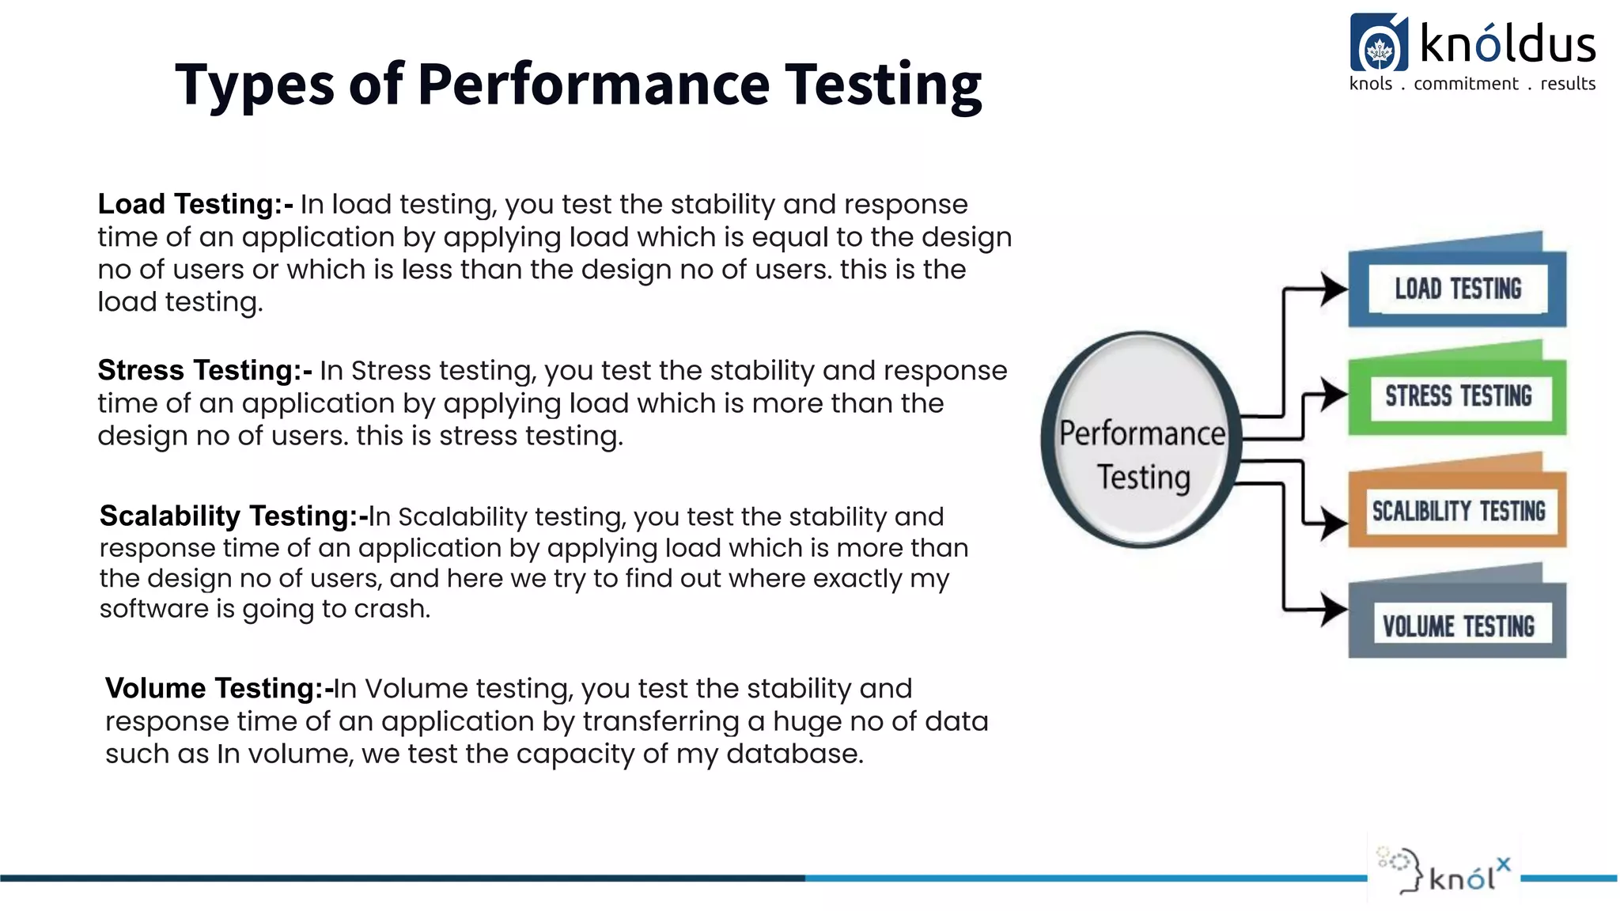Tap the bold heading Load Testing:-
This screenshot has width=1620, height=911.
(x=195, y=204)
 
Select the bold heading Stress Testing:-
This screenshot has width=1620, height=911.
(x=204, y=370)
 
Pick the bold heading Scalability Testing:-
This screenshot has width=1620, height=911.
(x=233, y=516)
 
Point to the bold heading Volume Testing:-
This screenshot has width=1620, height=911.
(x=218, y=688)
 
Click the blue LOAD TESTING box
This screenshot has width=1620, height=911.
(x=1457, y=289)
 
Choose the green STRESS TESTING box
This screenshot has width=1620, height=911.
(x=1457, y=396)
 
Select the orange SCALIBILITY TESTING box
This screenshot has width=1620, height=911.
(x=1457, y=511)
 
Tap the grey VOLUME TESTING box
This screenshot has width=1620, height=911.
(x=1457, y=626)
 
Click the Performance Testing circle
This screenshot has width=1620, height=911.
(x=1141, y=440)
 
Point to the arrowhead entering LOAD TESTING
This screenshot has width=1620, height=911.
(x=1334, y=289)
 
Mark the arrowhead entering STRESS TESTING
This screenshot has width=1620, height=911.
(x=1334, y=394)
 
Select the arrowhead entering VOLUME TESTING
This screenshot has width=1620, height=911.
(x=1334, y=610)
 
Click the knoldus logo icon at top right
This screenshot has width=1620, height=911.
(x=1379, y=43)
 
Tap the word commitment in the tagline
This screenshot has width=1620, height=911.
(x=1466, y=84)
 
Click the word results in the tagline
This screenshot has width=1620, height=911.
(x=1567, y=84)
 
